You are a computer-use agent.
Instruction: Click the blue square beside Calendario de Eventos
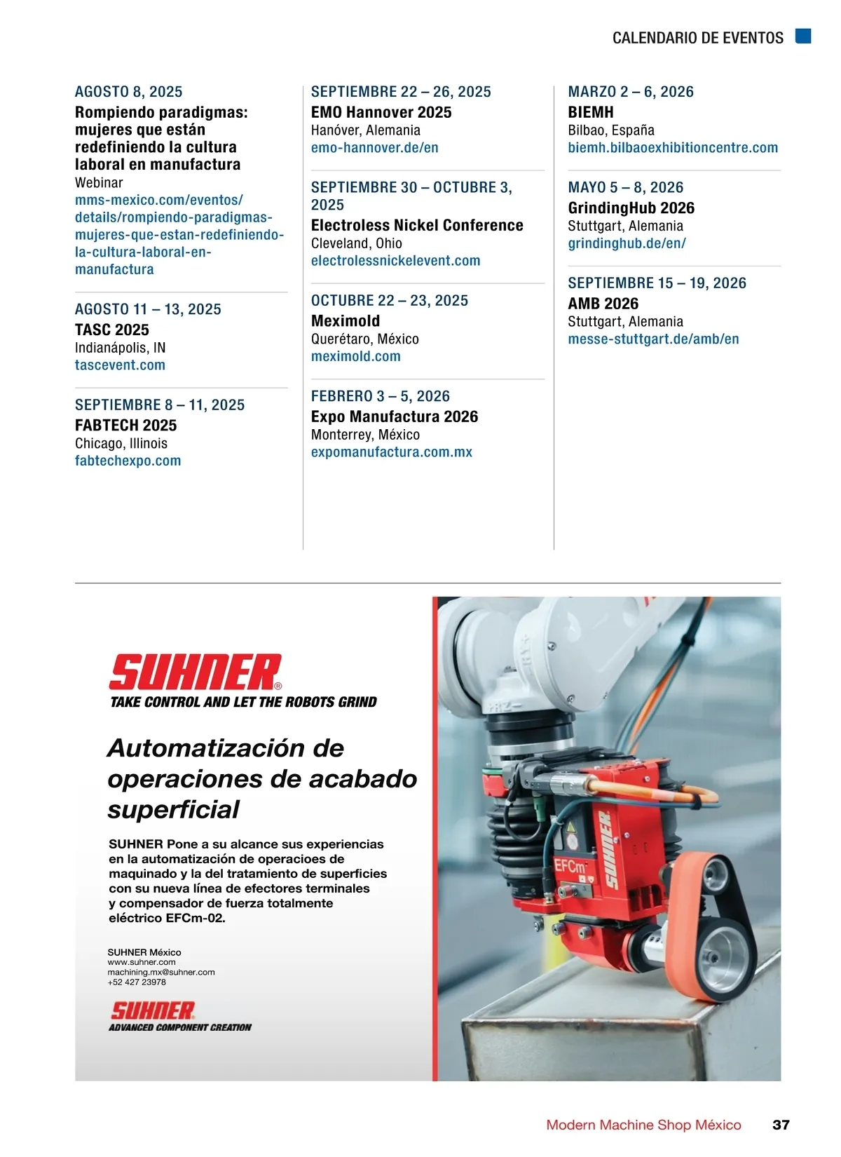(803, 36)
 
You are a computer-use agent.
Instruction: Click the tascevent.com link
(120, 365)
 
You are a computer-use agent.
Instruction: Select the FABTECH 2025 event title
(125, 426)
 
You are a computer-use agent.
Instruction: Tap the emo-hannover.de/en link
(374, 148)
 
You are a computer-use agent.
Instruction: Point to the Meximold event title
(346, 321)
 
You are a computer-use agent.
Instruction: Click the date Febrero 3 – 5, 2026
(380, 396)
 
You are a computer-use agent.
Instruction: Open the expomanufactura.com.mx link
(391, 452)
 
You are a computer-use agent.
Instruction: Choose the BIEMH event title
(590, 112)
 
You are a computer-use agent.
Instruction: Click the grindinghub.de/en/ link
(627, 243)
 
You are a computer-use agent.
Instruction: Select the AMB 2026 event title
(603, 304)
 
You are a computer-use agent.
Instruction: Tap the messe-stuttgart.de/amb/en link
(653, 339)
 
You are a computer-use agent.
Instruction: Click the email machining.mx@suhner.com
(161, 973)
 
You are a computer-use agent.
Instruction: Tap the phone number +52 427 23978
(137, 982)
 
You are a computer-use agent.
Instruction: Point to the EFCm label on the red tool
(570, 866)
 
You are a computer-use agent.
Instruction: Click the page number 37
(781, 1125)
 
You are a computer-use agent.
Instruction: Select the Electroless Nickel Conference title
(417, 226)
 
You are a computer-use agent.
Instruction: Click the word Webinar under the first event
(99, 183)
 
